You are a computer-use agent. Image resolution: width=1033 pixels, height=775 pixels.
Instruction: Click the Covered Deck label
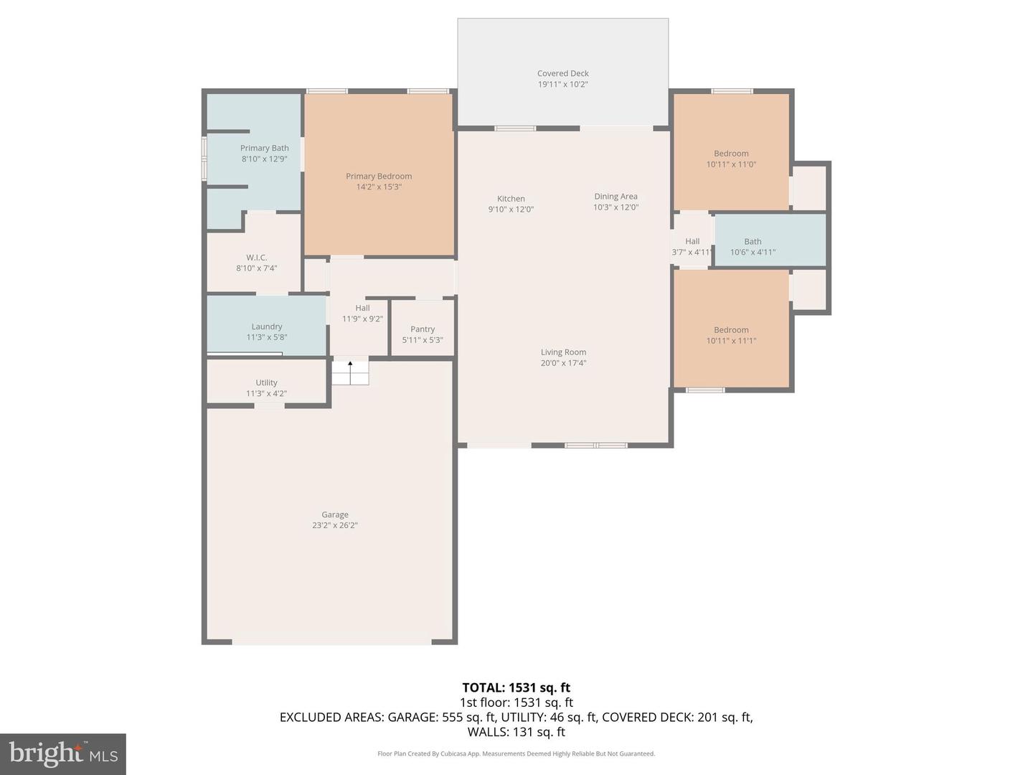(562, 73)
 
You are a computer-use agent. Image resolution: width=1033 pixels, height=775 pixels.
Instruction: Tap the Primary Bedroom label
(379, 176)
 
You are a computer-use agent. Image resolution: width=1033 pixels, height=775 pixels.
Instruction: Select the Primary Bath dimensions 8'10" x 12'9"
(264, 159)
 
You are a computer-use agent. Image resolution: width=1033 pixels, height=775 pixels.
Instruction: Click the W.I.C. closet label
(256, 258)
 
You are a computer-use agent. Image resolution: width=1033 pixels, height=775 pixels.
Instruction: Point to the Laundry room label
(266, 327)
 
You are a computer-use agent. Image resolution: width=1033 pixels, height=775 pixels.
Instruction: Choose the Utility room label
(266, 382)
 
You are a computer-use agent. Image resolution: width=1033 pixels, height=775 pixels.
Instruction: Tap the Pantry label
(423, 329)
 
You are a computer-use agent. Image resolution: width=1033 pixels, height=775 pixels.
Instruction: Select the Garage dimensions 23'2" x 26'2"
(334, 525)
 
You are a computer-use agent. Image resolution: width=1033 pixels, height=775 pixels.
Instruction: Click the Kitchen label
(511, 199)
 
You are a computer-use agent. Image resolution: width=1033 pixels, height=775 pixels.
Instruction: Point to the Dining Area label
(615, 197)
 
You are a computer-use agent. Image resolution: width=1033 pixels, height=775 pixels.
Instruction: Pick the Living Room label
(563, 352)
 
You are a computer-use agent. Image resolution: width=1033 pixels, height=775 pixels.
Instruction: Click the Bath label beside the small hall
(753, 242)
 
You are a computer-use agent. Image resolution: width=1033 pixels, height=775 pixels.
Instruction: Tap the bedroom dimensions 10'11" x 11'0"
(731, 164)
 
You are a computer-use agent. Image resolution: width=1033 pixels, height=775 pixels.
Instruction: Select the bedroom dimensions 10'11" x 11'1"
(731, 341)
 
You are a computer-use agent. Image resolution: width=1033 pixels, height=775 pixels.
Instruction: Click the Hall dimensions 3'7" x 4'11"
(692, 253)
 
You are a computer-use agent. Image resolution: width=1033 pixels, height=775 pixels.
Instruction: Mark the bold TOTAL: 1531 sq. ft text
(516, 687)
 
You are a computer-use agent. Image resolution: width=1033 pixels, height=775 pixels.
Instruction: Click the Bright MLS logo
(63, 753)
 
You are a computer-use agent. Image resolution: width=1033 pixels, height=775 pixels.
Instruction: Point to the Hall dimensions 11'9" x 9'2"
(362, 319)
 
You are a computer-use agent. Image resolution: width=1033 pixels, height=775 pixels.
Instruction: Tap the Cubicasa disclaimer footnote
(516, 753)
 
